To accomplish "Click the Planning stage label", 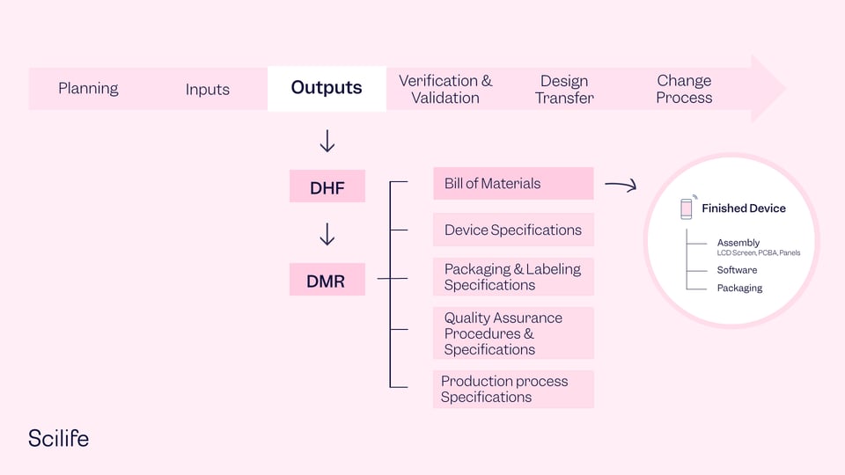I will pyautogui.click(x=88, y=88).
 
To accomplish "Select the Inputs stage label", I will pyautogui.click(x=207, y=89).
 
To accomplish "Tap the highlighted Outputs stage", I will pyautogui.click(x=327, y=88).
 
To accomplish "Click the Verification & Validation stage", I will pyautogui.click(x=445, y=89).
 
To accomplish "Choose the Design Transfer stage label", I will pyautogui.click(x=564, y=89).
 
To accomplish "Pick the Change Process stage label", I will pyautogui.click(x=684, y=89).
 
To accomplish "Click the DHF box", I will pyautogui.click(x=327, y=186).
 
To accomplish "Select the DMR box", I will pyautogui.click(x=327, y=281).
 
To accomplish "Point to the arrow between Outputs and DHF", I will pyautogui.click(x=327, y=142).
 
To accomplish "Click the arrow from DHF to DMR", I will pyautogui.click(x=327, y=235).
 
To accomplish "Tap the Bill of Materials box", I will pyautogui.click(x=513, y=184).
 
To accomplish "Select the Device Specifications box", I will pyautogui.click(x=513, y=230).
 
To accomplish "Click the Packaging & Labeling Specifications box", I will pyautogui.click(x=513, y=276).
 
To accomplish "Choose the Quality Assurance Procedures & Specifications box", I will pyautogui.click(x=513, y=333).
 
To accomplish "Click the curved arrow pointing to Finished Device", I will pyautogui.click(x=621, y=185).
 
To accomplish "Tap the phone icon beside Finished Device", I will pyautogui.click(x=687, y=208).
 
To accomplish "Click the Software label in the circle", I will pyautogui.click(x=737, y=270).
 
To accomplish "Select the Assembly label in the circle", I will pyautogui.click(x=738, y=243).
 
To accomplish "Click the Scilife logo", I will pyautogui.click(x=58, y=438).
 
